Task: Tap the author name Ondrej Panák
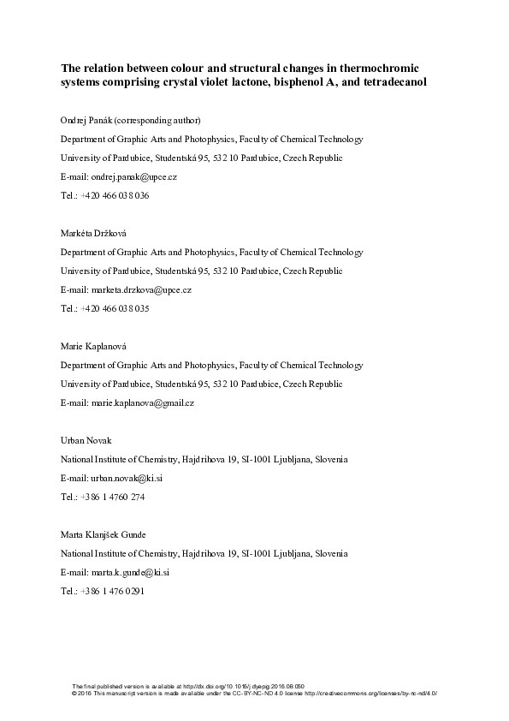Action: coord(86,120)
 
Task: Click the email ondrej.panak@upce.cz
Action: coord(131,176)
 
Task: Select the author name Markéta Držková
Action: coord(92,233)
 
